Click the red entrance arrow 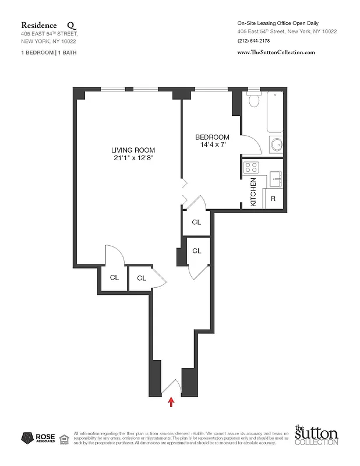coord(171,402)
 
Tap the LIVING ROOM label coord(133,149)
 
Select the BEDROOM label coord(212,137)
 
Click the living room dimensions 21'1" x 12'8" coord(133,158)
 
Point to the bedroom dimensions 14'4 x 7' coord(211,145)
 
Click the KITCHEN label coord(253,193)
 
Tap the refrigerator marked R coord(273,199)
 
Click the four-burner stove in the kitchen coord(251,167)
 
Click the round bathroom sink coord(276,144)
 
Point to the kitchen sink coord(276,178)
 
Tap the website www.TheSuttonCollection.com coord(276,52)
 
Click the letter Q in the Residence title coord(71,26)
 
